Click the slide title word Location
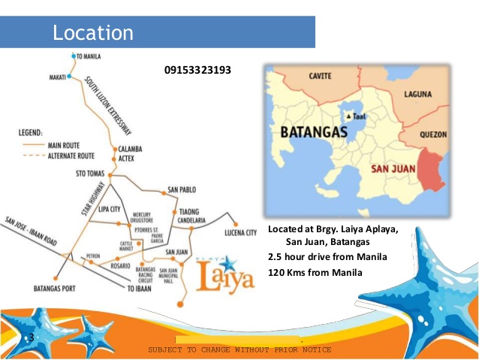93,33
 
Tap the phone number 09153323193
197,71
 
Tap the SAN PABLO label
182,189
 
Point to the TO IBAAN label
140,289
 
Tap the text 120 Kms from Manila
315,271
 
